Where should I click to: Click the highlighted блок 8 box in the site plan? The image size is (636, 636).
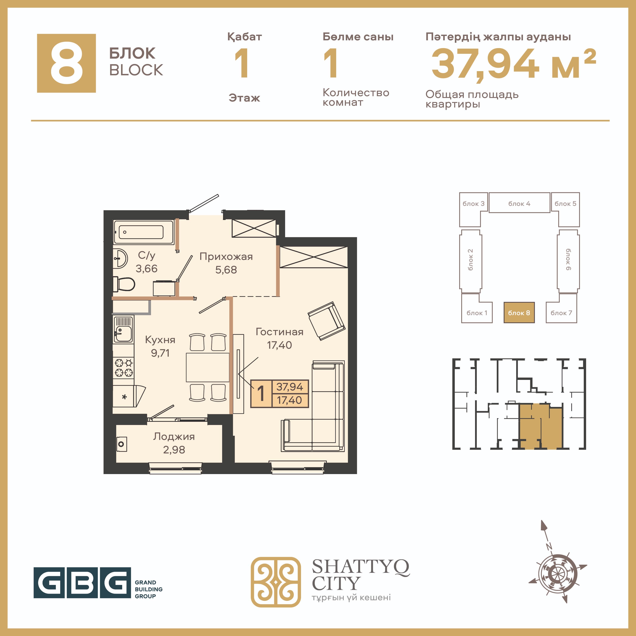(519, 312)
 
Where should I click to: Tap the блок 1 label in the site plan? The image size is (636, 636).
(477, 313)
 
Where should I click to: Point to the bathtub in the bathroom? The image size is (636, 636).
(143, 232)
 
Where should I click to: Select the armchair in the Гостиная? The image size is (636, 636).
(326, 321)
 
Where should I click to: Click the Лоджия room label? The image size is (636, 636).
(174, 437)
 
